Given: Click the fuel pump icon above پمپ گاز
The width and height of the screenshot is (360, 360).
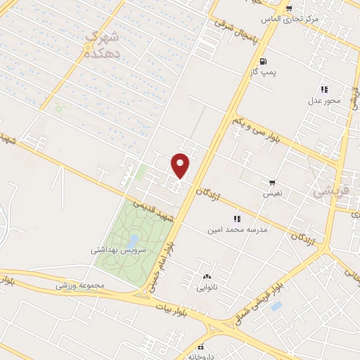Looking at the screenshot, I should click(263, 61).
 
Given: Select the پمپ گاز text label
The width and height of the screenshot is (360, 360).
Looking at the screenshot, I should click(263, 72).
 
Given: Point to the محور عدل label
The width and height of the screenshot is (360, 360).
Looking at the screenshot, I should click(324, 100).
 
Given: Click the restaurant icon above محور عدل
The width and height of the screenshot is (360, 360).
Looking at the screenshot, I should click(324, 89).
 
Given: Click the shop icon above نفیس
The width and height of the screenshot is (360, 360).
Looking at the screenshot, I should click(272, 182).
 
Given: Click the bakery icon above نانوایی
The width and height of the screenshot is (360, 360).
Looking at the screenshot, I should click(207, 278).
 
